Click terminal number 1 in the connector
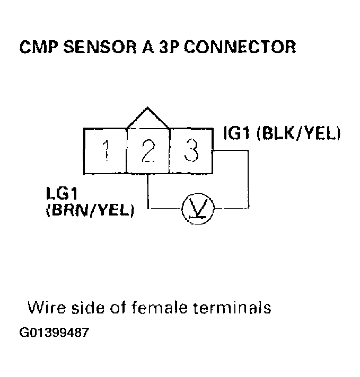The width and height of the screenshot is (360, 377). pos(106,151)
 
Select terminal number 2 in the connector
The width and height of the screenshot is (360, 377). pos(148,151)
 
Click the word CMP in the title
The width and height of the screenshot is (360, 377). pos(40,47)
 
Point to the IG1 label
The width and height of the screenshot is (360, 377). pos(237,132)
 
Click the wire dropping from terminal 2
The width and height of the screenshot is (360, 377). pos(148,191)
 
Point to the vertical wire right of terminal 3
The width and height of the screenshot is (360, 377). pos(248,180)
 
